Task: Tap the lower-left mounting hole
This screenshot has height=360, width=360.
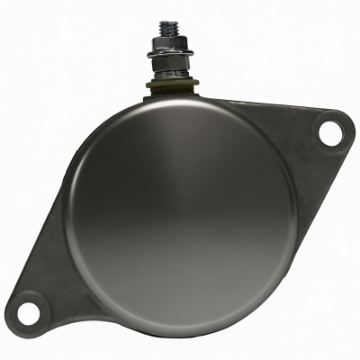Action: (x=30, y=312)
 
